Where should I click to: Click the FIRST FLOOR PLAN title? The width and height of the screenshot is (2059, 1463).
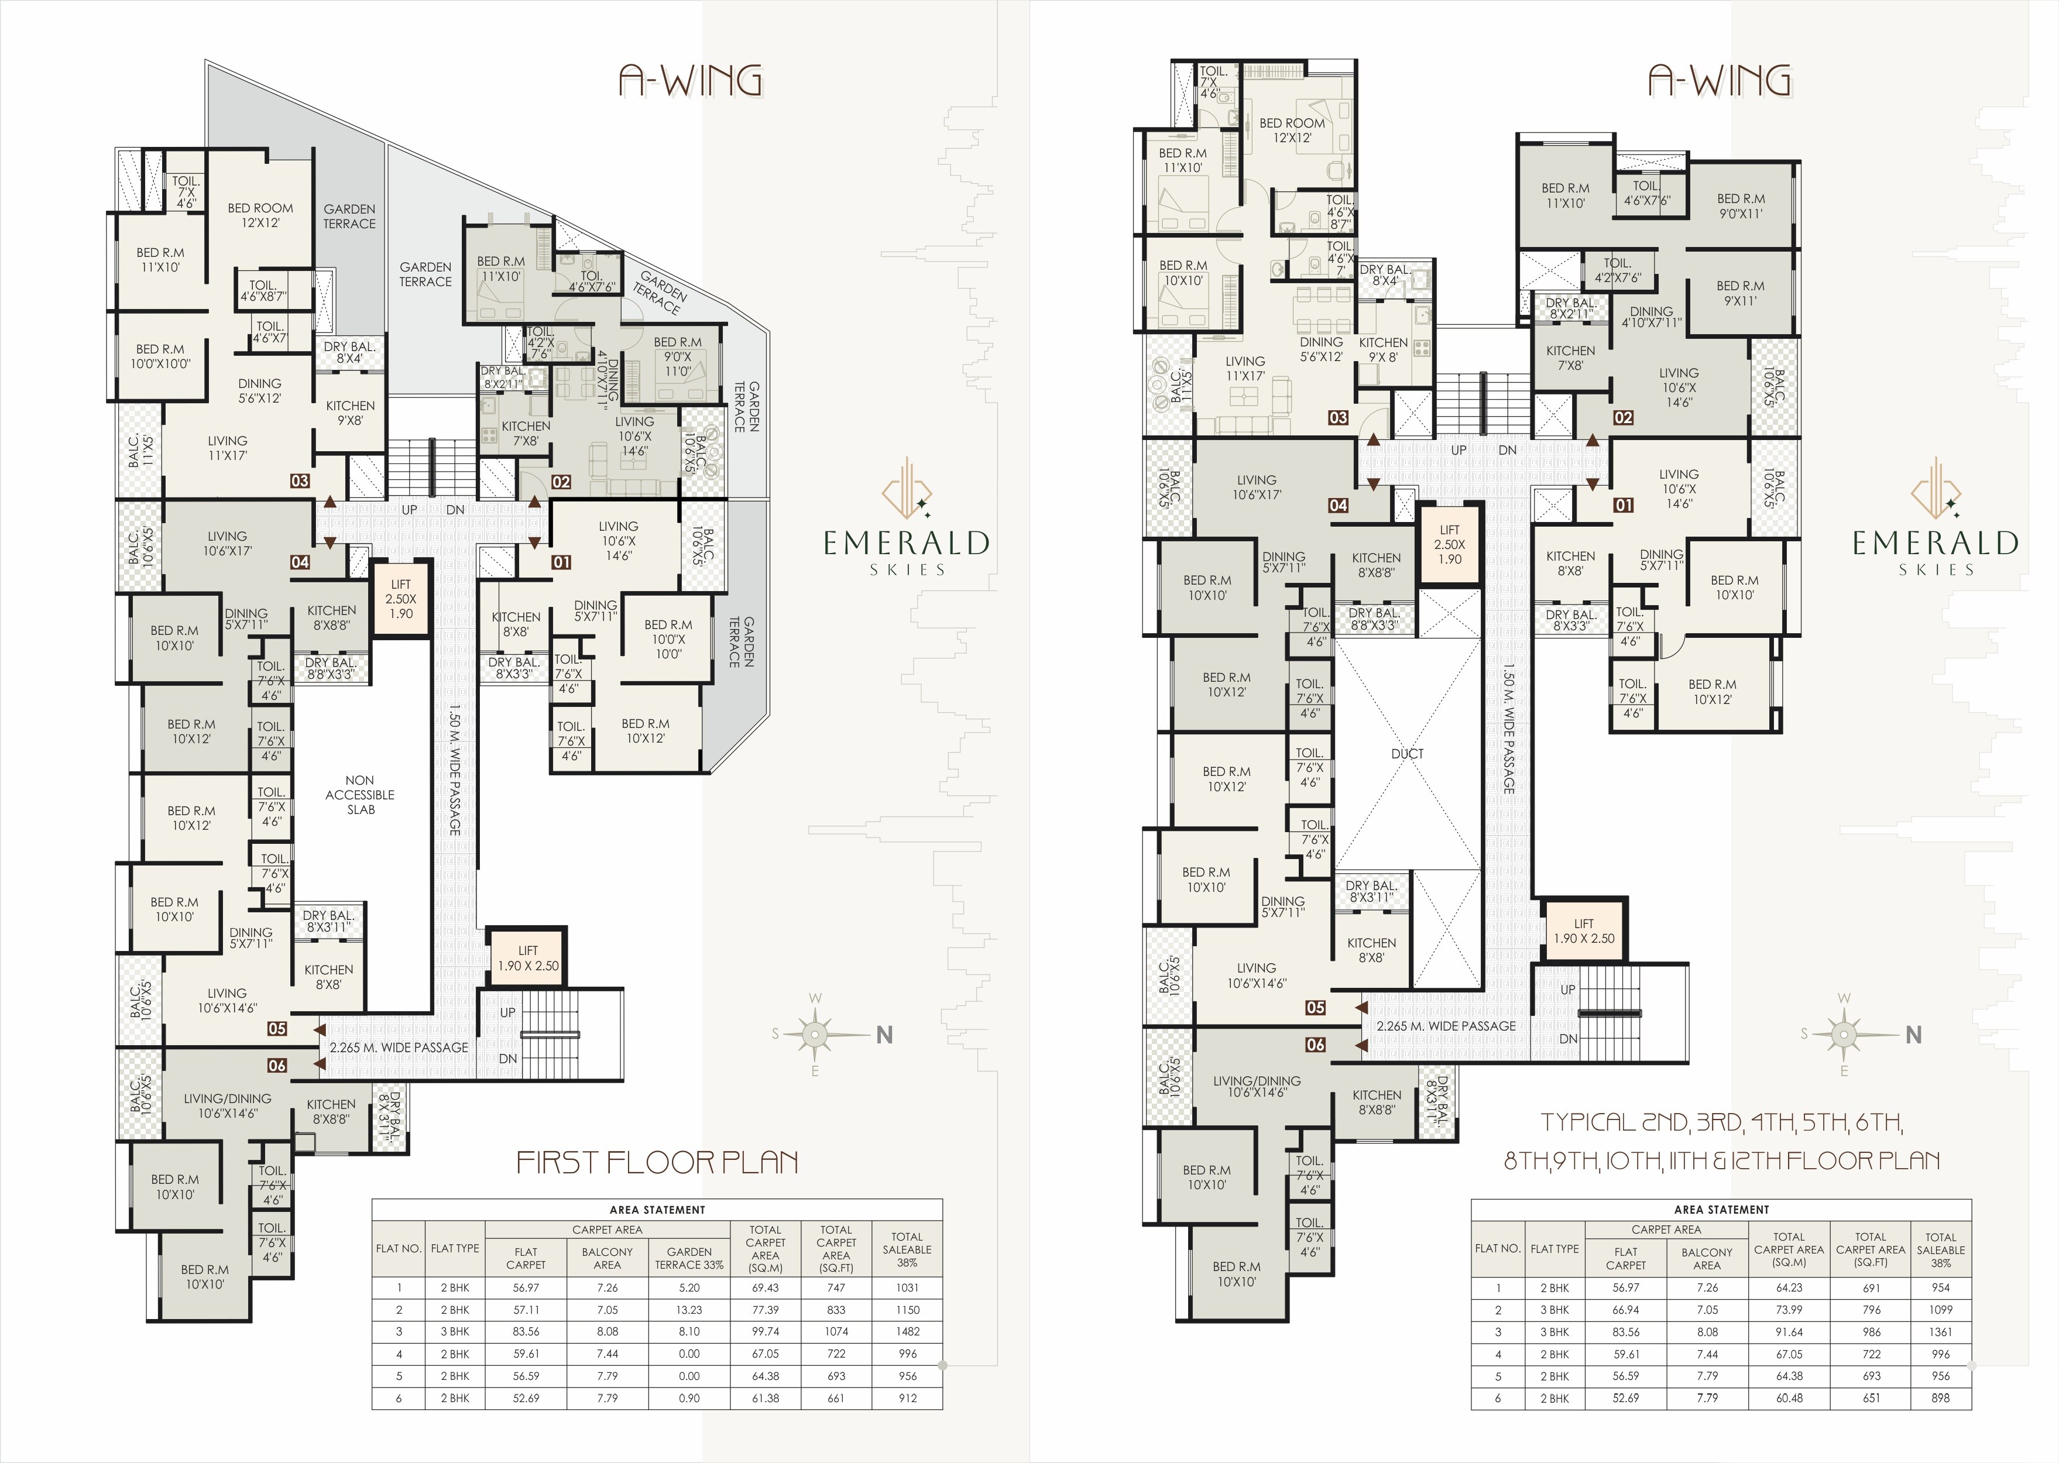click(657, 1162)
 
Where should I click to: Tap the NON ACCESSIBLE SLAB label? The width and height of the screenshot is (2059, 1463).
click(361, 795)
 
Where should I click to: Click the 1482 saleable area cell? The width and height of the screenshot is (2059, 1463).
click(907, 1331)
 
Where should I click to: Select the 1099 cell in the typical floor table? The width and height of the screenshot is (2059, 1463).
click(1940, 1310)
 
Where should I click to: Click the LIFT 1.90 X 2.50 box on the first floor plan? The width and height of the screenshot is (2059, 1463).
click(528, 957)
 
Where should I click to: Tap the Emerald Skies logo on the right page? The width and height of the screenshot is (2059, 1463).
click(1935, 516)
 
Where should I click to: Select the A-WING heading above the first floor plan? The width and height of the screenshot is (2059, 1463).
click(690, 80)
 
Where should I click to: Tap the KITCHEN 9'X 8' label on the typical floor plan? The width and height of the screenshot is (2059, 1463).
click(1383, 349)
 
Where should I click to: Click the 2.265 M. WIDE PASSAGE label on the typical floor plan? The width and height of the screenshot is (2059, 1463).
click(1446, 1025)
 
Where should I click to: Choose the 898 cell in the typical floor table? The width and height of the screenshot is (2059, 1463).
click(1940, 1398)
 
